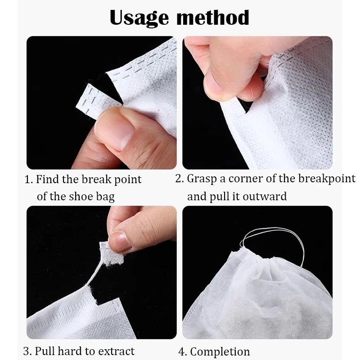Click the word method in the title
pos(213,18)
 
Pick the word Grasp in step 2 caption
pos(202,179)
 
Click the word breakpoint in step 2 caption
pos(327,179)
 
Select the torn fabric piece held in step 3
pos(111,254)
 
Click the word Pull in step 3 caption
pos(45,351)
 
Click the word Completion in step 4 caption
pos(220,351)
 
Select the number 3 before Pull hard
pos(27,351)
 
